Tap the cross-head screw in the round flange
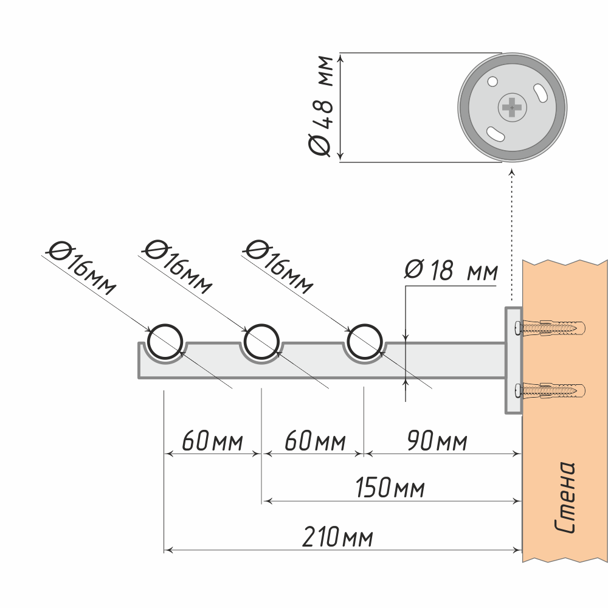[x=513, y=108]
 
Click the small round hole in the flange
[x=492, y=80]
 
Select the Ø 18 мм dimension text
[x=451, y=271]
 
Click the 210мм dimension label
[x=338, y=537]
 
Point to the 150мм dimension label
[x=390, y=488]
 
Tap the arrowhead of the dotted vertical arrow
[x=511, y=172]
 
